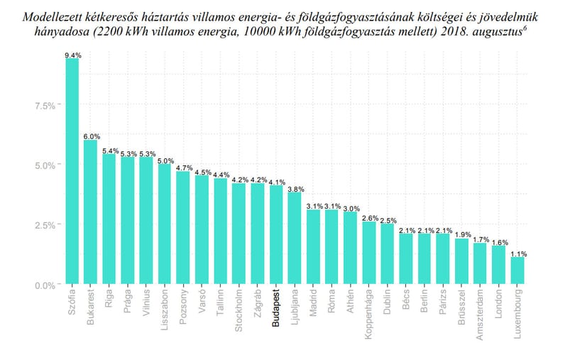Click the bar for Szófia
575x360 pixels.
click(x=72, y=171)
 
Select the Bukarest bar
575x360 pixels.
click(x=91, y=212)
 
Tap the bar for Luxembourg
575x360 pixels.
click(x=517, y=271)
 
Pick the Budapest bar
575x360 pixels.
click(x=277, y=234)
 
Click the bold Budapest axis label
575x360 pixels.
click(x=276, y=308)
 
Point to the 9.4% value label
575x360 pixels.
click(x=73, y=55)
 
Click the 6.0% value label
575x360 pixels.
click(x=92, y=136)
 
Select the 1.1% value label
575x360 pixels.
click(x=518, y=253)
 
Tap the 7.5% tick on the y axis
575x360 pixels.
click(x=45, y=106)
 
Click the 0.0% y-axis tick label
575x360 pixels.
click(x=45, y=285)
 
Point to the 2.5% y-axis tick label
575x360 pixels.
click(x=45, y=225)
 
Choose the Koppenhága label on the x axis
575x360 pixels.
click(x=369, y=314)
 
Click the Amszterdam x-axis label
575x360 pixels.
click(x=480, y=315)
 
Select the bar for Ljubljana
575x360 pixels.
click(x=295, y=238)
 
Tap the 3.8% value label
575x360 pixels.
click(x=295, y=190)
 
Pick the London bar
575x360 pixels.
click(x=499, y=265)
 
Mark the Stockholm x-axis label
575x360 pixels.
click(x=239, y=310)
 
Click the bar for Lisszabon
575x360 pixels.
click(x=165, y=224)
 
